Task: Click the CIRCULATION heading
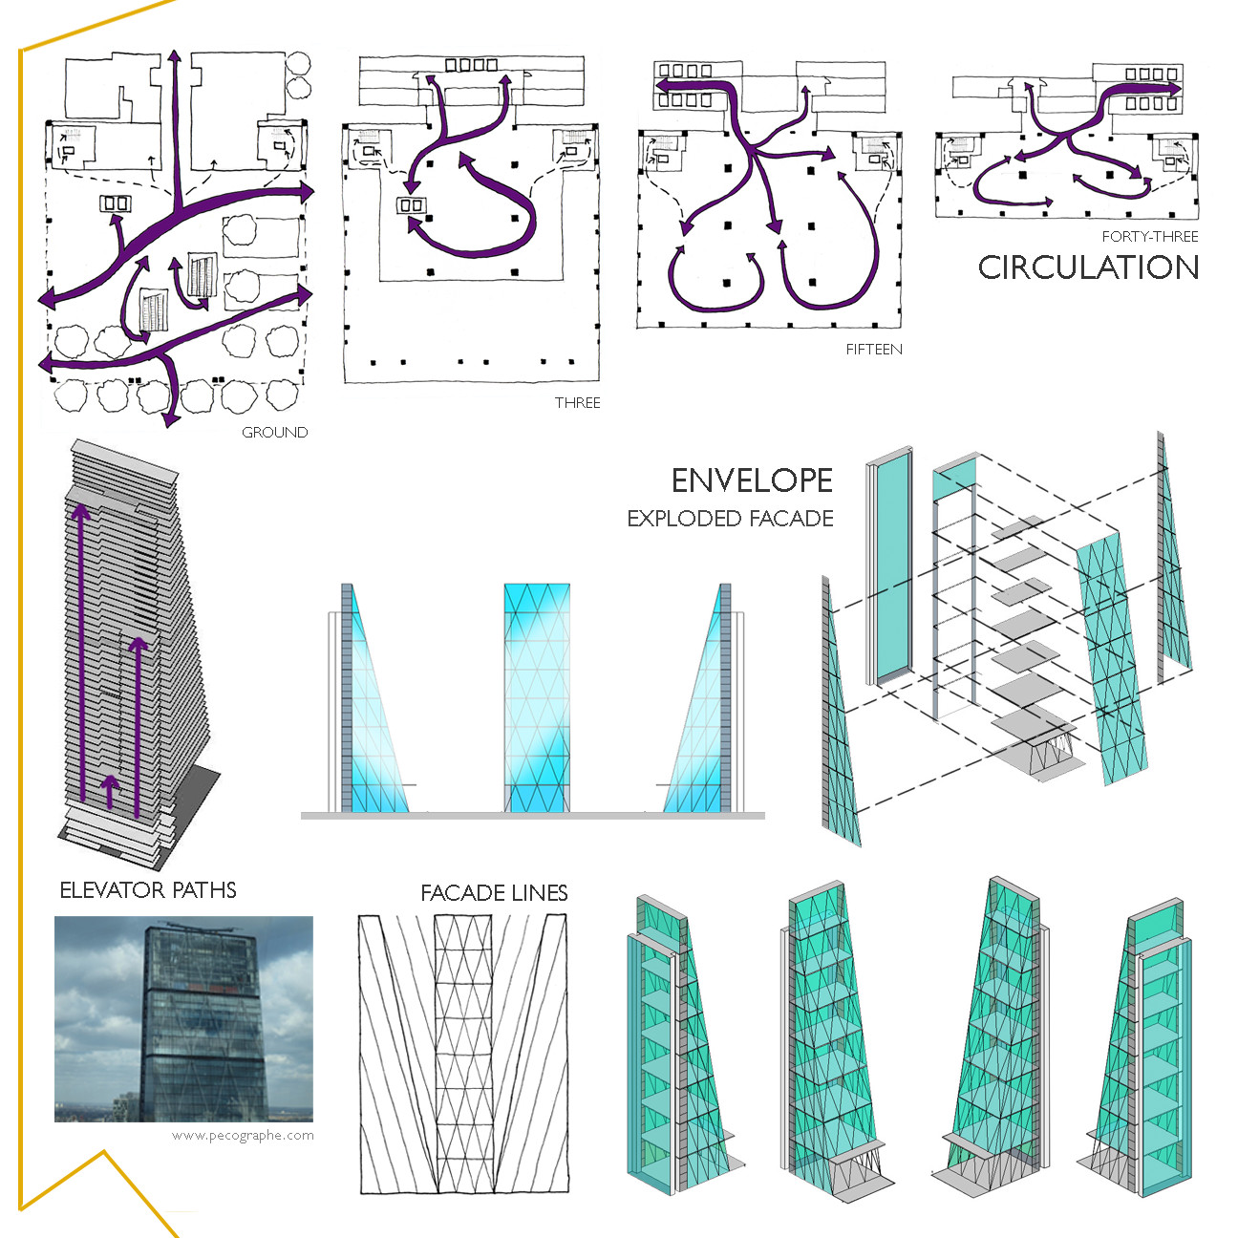[x=1088, y=267]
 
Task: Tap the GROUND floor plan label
[x=274, y=433]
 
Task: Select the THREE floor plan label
[x=577, y=403]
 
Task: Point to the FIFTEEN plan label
[x=873, y=350]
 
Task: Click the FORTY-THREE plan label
[x=1149, y=237]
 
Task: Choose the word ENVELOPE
[x=752, y=480]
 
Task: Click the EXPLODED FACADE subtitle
[x=730, y=519]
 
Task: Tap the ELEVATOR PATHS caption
[x=148, y=890]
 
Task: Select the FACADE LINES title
[x=494, y=893]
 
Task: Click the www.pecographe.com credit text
[x=243, y=1136]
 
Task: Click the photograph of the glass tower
[x=183, y=1018]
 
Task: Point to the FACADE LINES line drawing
[x=462, y=1054]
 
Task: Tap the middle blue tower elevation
[x=537, y=697]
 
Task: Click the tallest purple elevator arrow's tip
[x=81, y=511]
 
